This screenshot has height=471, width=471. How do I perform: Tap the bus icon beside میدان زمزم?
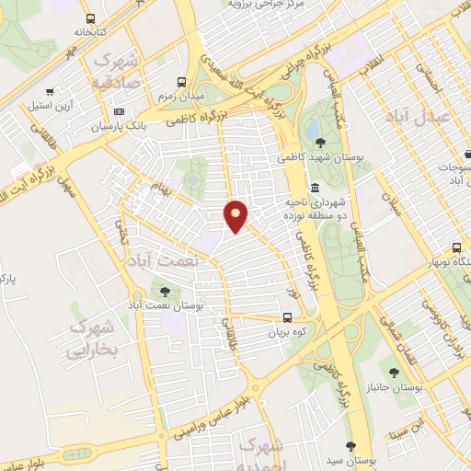[182, 82]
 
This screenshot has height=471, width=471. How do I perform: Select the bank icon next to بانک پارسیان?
[120, 111]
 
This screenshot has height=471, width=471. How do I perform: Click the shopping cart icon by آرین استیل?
[49, 92]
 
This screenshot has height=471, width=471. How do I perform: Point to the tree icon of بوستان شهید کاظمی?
[319, 143]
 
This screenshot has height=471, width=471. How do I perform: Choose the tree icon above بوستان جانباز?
[394, 373]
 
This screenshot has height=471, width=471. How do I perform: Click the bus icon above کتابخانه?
[89, 18]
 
